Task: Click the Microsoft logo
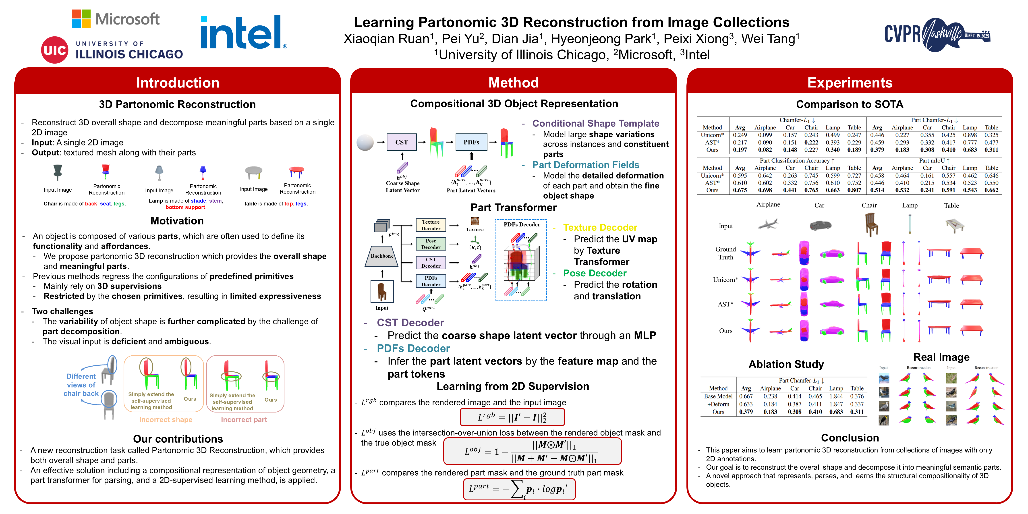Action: pos(116,19)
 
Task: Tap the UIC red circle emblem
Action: pos(55,50)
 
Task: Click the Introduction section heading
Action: pos(178,83)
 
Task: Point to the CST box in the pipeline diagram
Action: pos(402,142)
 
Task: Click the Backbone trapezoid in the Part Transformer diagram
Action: pos(382,256)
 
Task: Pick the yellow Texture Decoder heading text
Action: pos(600,228)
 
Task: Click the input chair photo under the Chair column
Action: pos(871,225)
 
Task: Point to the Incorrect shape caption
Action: pos(166,419)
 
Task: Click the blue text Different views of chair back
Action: pos(81,385)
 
